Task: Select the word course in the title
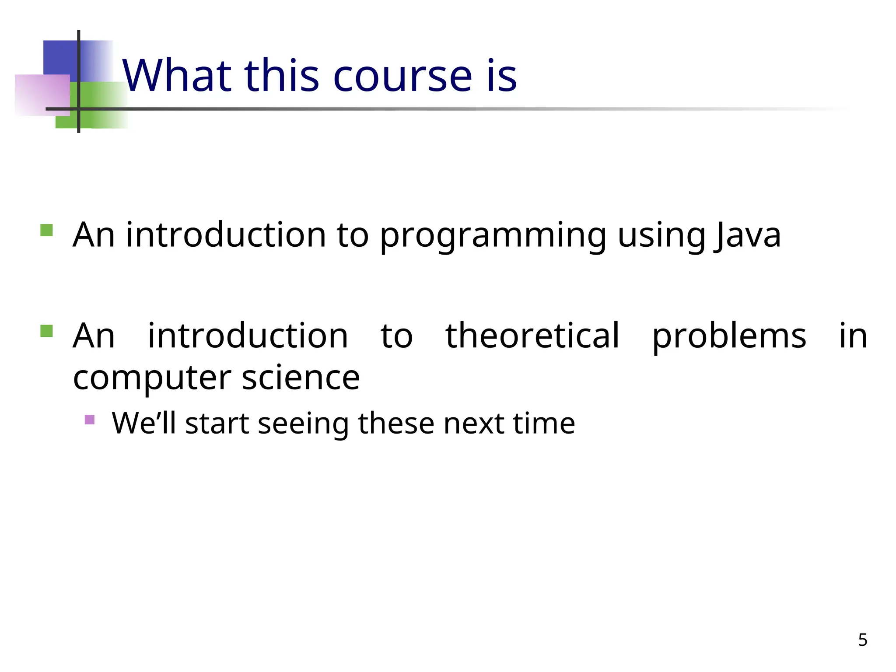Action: point(402,76)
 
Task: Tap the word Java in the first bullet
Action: point(747,235)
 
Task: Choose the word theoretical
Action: point(532,336)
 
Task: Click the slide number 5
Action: point(862,640)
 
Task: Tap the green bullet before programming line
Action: point(46,230)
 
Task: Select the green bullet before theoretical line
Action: point(46,331)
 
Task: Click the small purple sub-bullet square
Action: point(90,420)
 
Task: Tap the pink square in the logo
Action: point(39,94)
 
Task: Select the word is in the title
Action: point(502,76)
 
